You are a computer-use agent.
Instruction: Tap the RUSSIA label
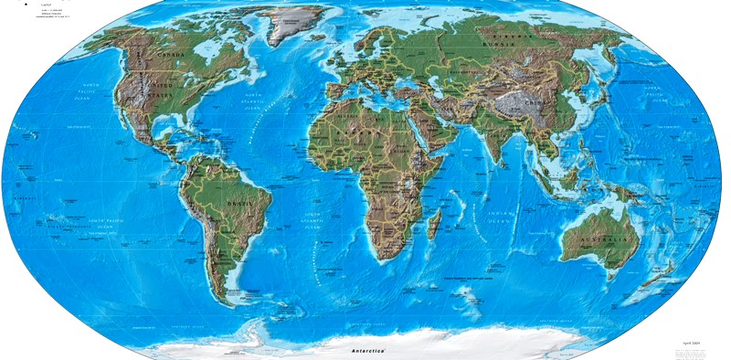[x=512, y=37]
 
